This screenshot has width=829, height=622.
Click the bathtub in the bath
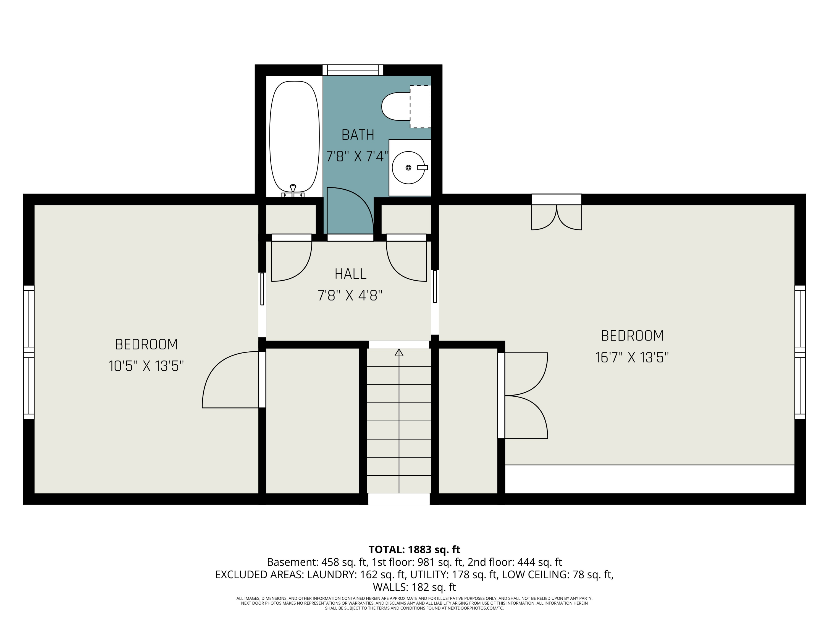(x=294, y=137)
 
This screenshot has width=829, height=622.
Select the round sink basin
(x=408, y=168)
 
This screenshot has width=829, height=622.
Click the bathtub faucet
(x=293, y=191)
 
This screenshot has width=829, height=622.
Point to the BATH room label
(x=358, y=135)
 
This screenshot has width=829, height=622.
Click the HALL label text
(x=350, y=274)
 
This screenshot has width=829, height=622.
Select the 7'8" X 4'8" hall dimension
(x=350, y=296)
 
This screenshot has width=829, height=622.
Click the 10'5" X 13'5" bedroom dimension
(x=146, y=366)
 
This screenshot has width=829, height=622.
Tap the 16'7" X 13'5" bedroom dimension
(x=632, y=357)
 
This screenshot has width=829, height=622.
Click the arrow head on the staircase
(x=399, y=352)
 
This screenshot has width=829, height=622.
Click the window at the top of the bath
(x=353, y=70)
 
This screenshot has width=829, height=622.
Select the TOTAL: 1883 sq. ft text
(x=414, y=549)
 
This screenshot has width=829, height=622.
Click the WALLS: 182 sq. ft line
(x=414, y=587)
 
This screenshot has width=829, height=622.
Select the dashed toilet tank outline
(x=420, y=106)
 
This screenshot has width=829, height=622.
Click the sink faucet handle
(x=422, y=168)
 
